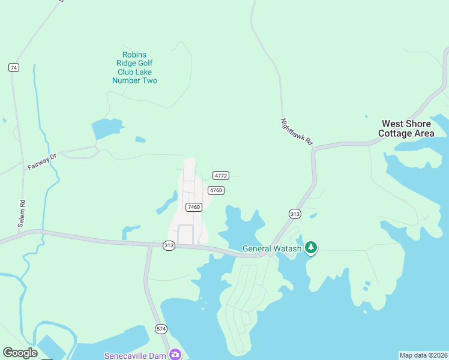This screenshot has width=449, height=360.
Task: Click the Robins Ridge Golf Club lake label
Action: pos(134,68)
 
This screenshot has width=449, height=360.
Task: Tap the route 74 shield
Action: pos(13,68)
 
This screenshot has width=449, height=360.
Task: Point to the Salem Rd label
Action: pos(22,212)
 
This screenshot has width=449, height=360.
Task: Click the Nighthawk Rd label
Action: pos(297,132)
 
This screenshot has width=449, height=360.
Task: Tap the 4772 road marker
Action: pos(220,176)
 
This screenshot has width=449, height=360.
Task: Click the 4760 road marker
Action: pos(216,190)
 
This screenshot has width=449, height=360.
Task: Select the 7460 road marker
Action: pos(193,207)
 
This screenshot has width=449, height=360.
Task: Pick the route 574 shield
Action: pos(161,329)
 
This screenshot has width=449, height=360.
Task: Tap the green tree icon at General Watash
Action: pos(310,247)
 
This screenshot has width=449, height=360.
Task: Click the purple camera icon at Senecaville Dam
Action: pos(175,354)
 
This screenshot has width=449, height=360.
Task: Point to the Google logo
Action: pos(20,353)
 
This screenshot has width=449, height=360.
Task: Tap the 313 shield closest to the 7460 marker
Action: pos(169,245)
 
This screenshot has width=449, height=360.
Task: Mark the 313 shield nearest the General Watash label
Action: pos(295,214)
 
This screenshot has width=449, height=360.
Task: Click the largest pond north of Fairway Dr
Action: pos(107,128)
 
